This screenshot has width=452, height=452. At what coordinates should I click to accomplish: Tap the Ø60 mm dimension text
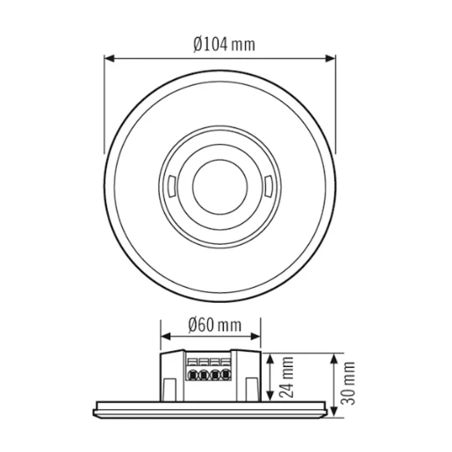point(213,326)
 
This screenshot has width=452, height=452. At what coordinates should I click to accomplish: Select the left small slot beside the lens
point(169,186)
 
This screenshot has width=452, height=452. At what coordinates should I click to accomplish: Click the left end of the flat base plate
point(95,406)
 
